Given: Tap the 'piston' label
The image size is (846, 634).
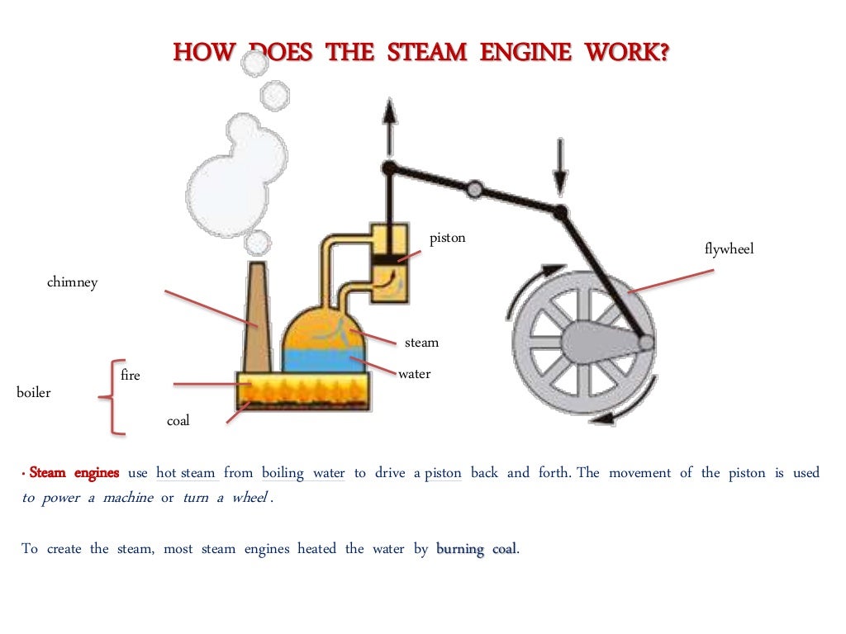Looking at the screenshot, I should (447, 239).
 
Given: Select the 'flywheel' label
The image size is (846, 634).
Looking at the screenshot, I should (729, 248).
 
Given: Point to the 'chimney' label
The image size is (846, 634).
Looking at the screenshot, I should (72, 282).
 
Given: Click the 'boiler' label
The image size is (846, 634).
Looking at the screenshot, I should (33, 393).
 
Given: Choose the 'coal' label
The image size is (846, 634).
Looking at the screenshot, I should (178, 421).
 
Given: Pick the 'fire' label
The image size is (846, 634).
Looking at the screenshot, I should (131, 376).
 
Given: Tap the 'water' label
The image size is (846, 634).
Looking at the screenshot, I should (414, 374).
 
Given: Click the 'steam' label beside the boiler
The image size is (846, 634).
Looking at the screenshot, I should (421, 343).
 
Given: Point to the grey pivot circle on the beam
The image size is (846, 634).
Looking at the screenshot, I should (474, 190).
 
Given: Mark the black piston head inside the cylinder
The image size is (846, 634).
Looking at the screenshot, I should (384, 260).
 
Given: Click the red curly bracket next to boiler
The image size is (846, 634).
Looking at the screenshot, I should (112, 397).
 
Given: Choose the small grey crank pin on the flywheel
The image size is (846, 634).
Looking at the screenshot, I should (646, 341).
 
